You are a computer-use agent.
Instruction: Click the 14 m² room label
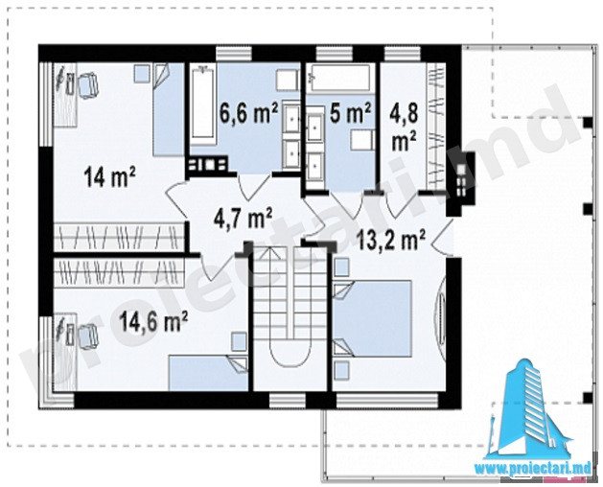[x=109, y=176]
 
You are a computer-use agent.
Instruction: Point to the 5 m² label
[x=350, y=112]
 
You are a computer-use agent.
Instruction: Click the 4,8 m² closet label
[x=404, y=127]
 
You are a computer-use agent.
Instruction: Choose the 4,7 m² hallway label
[x=243, y=219]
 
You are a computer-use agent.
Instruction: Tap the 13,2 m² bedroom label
[x=391, y=240]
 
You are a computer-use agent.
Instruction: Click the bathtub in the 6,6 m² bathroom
[x=202, y=103]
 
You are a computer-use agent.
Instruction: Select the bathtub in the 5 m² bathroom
[x=340, y=78]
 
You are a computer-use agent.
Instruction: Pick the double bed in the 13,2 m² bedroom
[x=372, y=318]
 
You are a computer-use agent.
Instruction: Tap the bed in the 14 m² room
[x=169, y=109]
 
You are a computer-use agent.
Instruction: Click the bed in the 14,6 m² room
[x=208, y=373]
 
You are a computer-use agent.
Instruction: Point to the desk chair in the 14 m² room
[x=88, y=85]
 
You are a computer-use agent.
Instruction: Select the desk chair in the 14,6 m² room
[x=88, y=336]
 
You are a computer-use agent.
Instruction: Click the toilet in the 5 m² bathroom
[x=361, y=140]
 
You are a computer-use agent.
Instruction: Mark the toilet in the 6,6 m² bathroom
[x=287, y=81]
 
